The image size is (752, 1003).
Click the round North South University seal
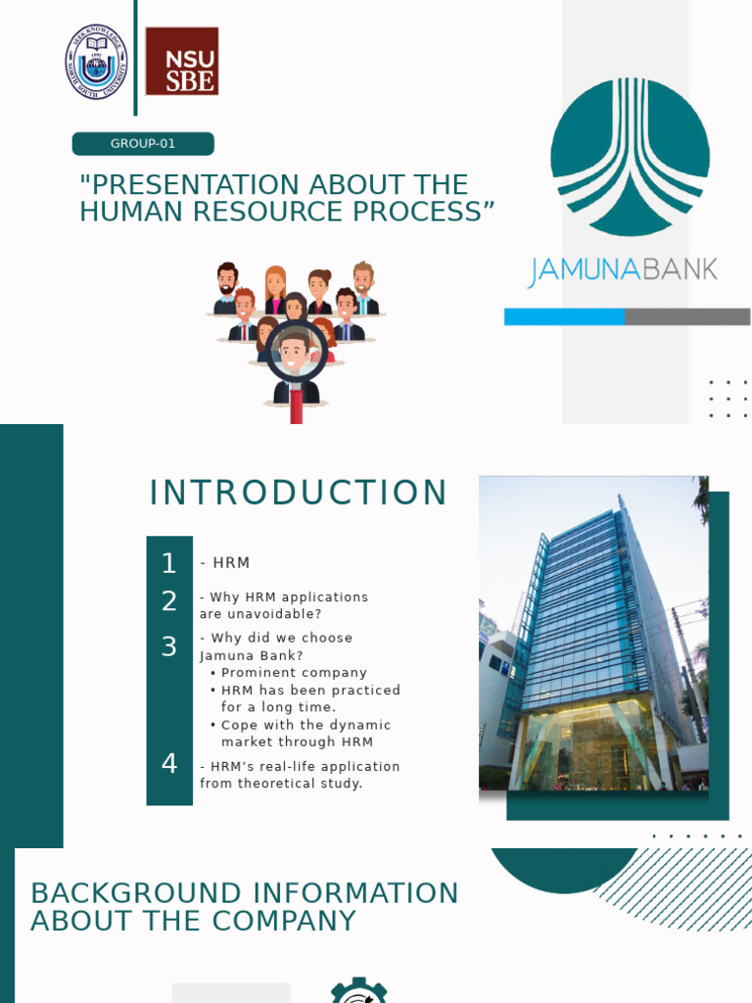96,61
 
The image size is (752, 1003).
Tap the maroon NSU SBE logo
182,61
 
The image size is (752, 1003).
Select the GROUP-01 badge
143,144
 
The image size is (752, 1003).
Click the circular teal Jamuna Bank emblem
630,157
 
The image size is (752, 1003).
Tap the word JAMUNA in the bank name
584,270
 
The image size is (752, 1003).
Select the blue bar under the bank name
564,316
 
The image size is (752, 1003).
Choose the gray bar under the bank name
687,316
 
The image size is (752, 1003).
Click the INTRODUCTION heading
299,494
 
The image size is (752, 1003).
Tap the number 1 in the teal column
169,563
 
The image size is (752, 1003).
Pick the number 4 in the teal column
169,764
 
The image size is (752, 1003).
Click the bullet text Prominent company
294,673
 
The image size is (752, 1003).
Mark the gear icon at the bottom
358,991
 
